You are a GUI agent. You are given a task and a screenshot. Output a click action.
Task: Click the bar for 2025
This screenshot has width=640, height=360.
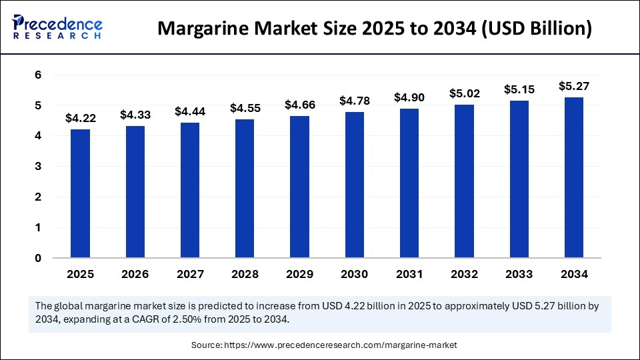(80, 193)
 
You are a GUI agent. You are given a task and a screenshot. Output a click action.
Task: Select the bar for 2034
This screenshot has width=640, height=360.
(574, 177)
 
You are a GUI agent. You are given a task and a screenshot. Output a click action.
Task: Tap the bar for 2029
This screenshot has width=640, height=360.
(299, 187)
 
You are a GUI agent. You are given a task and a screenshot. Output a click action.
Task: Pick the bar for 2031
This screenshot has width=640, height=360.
(409, 183)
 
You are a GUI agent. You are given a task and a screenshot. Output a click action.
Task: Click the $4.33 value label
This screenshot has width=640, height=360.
(135, 115)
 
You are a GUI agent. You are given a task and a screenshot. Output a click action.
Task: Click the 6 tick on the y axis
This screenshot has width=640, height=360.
(38, 75)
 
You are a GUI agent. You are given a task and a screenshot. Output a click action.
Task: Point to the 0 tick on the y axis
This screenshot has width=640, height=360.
(38, 258)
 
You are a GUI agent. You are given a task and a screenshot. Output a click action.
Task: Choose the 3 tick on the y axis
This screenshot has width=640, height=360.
(38, 167)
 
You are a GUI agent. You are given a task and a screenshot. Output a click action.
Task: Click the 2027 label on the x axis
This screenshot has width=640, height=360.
(190, 274)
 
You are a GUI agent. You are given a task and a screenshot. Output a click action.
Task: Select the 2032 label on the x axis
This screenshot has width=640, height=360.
(465, 274)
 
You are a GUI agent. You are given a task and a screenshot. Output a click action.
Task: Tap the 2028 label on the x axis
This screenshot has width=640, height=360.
(245, 274)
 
